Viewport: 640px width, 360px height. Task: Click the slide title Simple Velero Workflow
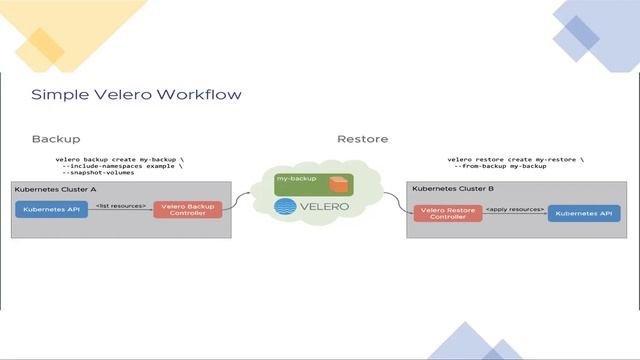[136, 94]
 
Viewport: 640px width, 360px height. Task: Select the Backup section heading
[56, 139]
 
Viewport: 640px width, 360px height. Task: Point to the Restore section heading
[362, 139]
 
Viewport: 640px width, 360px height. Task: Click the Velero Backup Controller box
[187, 210]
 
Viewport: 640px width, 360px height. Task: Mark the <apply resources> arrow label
[515, 209]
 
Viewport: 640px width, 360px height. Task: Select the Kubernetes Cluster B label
[452, 188]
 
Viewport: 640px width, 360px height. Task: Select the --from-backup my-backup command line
[505, 166]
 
